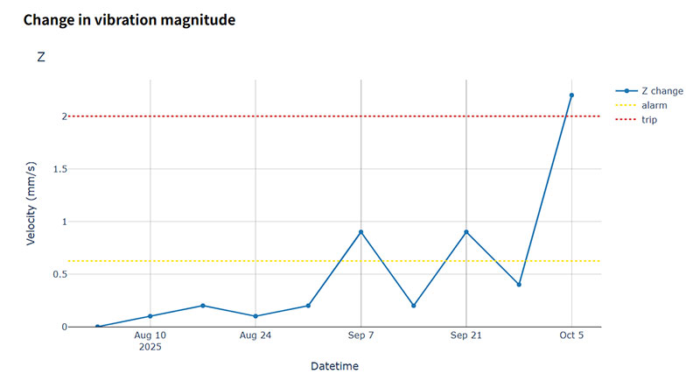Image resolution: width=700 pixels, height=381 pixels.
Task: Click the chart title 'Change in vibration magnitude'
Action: click(129, 19)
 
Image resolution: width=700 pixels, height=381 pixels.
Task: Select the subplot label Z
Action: click(41, 57)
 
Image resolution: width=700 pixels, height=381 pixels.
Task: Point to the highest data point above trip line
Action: click(571, 95)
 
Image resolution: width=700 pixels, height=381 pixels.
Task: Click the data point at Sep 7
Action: click(360, 232)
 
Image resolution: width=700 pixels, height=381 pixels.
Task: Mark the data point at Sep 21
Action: click(466, 232)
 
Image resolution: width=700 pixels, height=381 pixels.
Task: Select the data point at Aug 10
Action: click(150, 316)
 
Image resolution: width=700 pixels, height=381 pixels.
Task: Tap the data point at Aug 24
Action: click(255, 316)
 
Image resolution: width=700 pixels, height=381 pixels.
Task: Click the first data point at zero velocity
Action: click(97, 327)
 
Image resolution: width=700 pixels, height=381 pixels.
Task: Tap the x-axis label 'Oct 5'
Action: click(571, 335)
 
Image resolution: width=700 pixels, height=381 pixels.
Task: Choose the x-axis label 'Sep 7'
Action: click(360, 335)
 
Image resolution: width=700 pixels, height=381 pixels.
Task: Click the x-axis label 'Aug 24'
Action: click(255, 335)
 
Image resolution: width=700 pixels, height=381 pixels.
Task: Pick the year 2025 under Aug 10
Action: click(150, 347)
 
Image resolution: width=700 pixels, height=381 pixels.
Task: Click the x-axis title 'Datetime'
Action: click(334, 365)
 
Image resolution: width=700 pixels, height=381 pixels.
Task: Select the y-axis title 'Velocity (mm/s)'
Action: click(31, 204)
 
